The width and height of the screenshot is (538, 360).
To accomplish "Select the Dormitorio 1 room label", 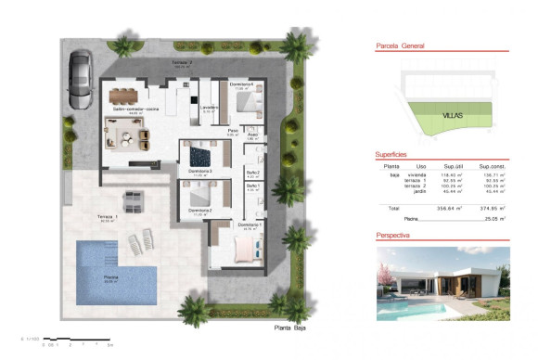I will [250, 225].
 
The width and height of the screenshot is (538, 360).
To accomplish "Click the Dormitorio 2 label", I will [199, 211].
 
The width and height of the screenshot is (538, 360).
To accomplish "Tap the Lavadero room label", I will [209, 107].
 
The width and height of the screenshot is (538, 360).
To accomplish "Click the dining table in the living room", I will [123, 94].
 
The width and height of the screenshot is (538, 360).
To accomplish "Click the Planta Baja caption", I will [289, 328].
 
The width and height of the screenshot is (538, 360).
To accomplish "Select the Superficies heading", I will [393, 155].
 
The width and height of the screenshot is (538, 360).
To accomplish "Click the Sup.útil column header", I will [453, 166].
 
